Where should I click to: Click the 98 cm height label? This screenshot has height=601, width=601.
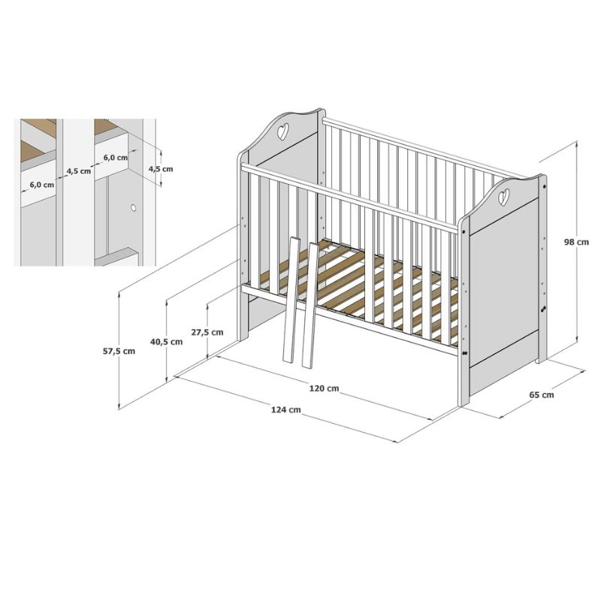tap(576, 242)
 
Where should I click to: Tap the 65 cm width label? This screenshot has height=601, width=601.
tap(541, 394)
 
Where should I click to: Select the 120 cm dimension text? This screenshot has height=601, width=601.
tap(324, 388)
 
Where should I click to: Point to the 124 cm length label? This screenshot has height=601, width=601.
tap(286, 409)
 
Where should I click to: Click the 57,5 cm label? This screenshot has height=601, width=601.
tap(119, 351)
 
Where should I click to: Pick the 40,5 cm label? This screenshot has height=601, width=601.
tap(166, 342)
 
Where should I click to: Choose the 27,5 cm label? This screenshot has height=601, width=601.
tap(207, 332)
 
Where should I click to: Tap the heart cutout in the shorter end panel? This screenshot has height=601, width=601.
tap(503, 196)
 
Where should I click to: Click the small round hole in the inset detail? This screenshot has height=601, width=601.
tap(133, 208)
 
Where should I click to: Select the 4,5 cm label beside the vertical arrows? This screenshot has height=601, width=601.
tap(161, 169)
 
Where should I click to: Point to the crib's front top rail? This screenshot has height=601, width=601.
tap(349, 198)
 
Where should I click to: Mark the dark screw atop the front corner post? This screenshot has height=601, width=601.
tap(464, 232)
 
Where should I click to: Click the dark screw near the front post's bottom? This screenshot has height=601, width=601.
tap(464, 353)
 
